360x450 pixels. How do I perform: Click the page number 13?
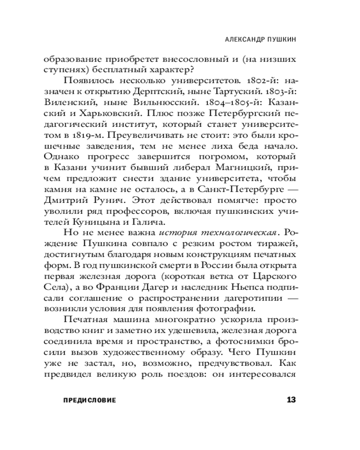coord(291,400)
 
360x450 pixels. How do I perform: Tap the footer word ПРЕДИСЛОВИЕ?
coord(88,400)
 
